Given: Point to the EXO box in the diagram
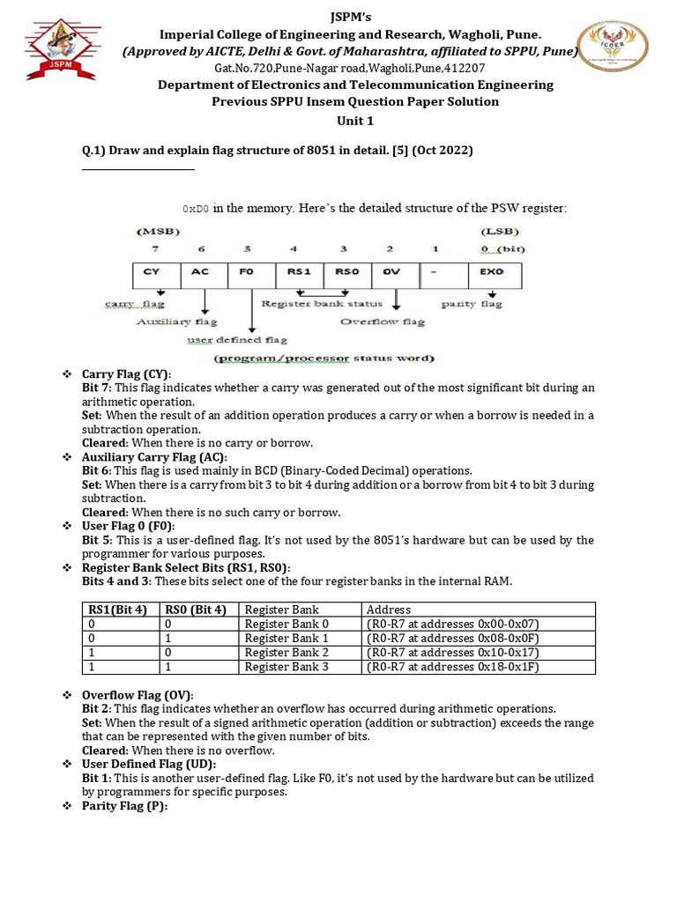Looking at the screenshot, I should [x=490, y=271].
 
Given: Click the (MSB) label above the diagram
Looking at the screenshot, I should [x=158, y=231].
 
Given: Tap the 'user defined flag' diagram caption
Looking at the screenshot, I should [x=236, y=339].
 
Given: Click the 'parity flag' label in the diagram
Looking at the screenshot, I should [x=471, y=304].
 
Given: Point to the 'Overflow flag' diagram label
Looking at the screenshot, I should [x=382, y=322].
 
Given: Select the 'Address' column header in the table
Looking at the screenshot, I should [x=389, y=610].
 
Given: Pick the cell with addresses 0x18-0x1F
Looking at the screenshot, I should [x=452, y=667].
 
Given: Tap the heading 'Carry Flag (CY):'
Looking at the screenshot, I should [x=127, y=373].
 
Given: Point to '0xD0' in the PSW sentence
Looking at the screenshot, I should [x=196, y=209].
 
